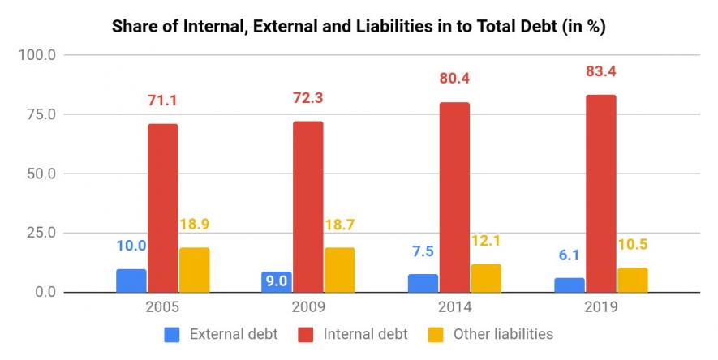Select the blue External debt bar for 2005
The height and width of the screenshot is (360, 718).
tap(131, 281)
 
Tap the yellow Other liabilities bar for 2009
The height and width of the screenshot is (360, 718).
tap(339, 270)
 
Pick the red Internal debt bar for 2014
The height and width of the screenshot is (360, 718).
tap(454, 197)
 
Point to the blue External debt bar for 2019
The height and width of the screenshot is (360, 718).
tap(569, 285)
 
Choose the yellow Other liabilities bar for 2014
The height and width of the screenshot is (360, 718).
tap(486, 277)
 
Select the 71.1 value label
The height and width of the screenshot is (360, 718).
tap(162, 100)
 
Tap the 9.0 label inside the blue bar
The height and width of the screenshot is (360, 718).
tap(277, 281)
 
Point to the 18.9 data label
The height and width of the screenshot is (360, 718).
tap(195, 225)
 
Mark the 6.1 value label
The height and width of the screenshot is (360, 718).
tap(569, 255)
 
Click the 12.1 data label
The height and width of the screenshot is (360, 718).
tap(485, 241)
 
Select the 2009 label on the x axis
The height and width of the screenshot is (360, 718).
tap(307, 308)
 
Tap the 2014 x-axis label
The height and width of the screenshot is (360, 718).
tap(454, 308)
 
